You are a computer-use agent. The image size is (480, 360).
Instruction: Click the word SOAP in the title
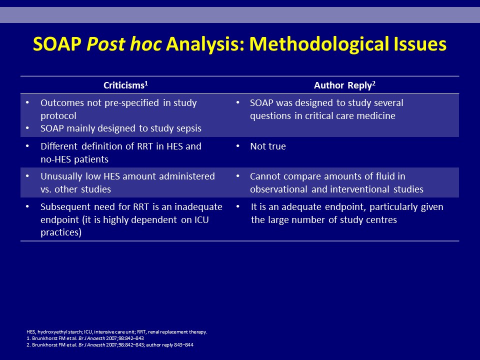pyautogui.click(x=57, y=44)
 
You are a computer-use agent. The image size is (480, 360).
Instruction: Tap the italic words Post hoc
pyautogui.click(x=124, y=44)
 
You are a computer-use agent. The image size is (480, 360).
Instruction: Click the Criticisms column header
pyautogui.click(x=125, y=85)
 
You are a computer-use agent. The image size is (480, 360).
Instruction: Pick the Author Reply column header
pyautogui.click(x=344, y=85)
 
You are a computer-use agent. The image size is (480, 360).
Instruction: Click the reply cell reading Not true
pyautogui.click(x=268, y=146)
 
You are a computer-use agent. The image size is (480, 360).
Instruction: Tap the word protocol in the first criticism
pyautogui.click(x=58, y=116)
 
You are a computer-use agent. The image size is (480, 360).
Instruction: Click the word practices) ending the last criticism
pyautogui.click(x=61, y=232)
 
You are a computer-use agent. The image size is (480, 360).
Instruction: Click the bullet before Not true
pyautogui.click(x=238, y=146)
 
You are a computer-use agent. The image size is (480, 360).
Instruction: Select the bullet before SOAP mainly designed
pyautogui.click(x=27, y=128)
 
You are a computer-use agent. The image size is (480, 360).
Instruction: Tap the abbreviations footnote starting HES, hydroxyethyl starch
pyautogui.click(x=117, y=332)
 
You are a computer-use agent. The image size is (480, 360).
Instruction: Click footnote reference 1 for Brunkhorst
pyautogui.click(x=85, y=338)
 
